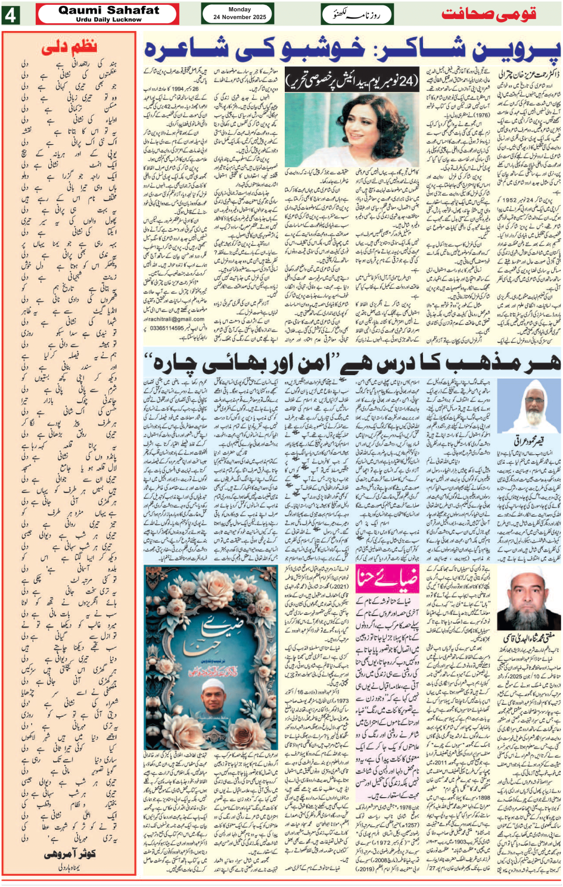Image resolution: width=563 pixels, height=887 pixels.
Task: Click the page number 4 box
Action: [10, 14]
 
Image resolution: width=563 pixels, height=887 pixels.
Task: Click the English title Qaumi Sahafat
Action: [108, 10]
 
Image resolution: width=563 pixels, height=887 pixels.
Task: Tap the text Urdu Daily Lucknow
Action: [108, 20]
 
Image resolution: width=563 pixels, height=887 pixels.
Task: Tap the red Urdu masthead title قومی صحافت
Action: [489, 14]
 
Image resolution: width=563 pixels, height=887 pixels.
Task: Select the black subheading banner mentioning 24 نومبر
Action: [352, 80]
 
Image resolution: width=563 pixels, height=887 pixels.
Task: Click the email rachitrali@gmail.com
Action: [175, 319]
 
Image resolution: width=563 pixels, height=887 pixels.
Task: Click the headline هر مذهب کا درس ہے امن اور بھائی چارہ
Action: [352, 361]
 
